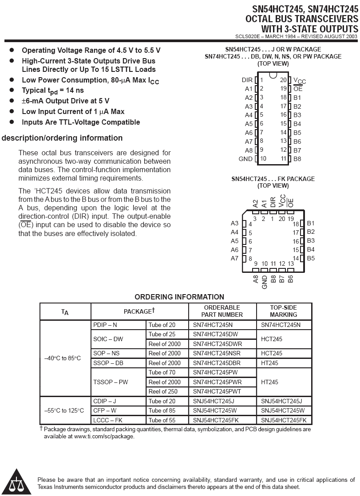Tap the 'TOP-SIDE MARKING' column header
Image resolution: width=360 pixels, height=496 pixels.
coord(284,311)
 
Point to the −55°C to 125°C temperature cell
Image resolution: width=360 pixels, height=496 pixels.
coord(65,410)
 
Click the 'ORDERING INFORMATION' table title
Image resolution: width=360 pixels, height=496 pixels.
coord(179,297)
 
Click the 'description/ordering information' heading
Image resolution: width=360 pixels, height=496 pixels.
coord(62,138)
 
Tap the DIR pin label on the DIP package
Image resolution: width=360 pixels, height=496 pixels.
coord(247,80)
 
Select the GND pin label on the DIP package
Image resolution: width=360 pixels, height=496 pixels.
coord(245,159)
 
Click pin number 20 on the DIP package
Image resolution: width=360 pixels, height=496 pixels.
coord(283,80)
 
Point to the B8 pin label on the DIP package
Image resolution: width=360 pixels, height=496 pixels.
coord(297,159)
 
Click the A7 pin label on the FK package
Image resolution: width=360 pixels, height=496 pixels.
coord(234,259)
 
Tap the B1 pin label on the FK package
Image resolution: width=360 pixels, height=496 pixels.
coord(311,224)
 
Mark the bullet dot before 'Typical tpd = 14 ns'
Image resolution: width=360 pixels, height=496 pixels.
coord(12,91)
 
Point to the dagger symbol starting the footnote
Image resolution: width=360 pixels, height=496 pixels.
coord(41,429)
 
